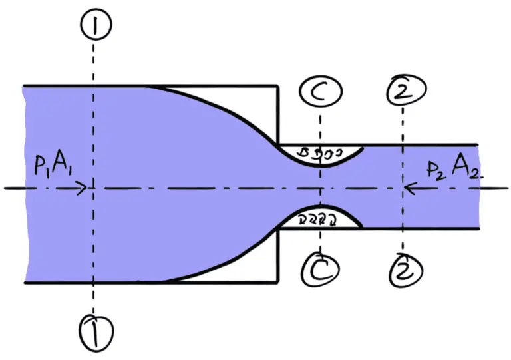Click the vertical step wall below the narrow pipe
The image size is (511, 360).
coord(277,256)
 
